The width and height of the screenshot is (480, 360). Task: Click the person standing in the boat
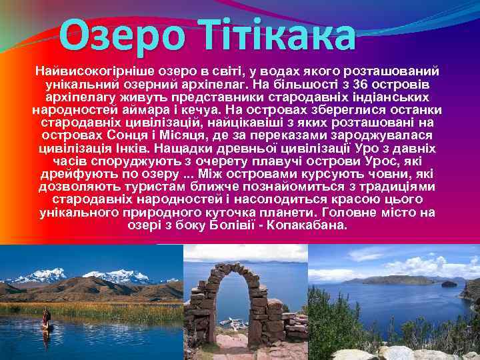(46, 318)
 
